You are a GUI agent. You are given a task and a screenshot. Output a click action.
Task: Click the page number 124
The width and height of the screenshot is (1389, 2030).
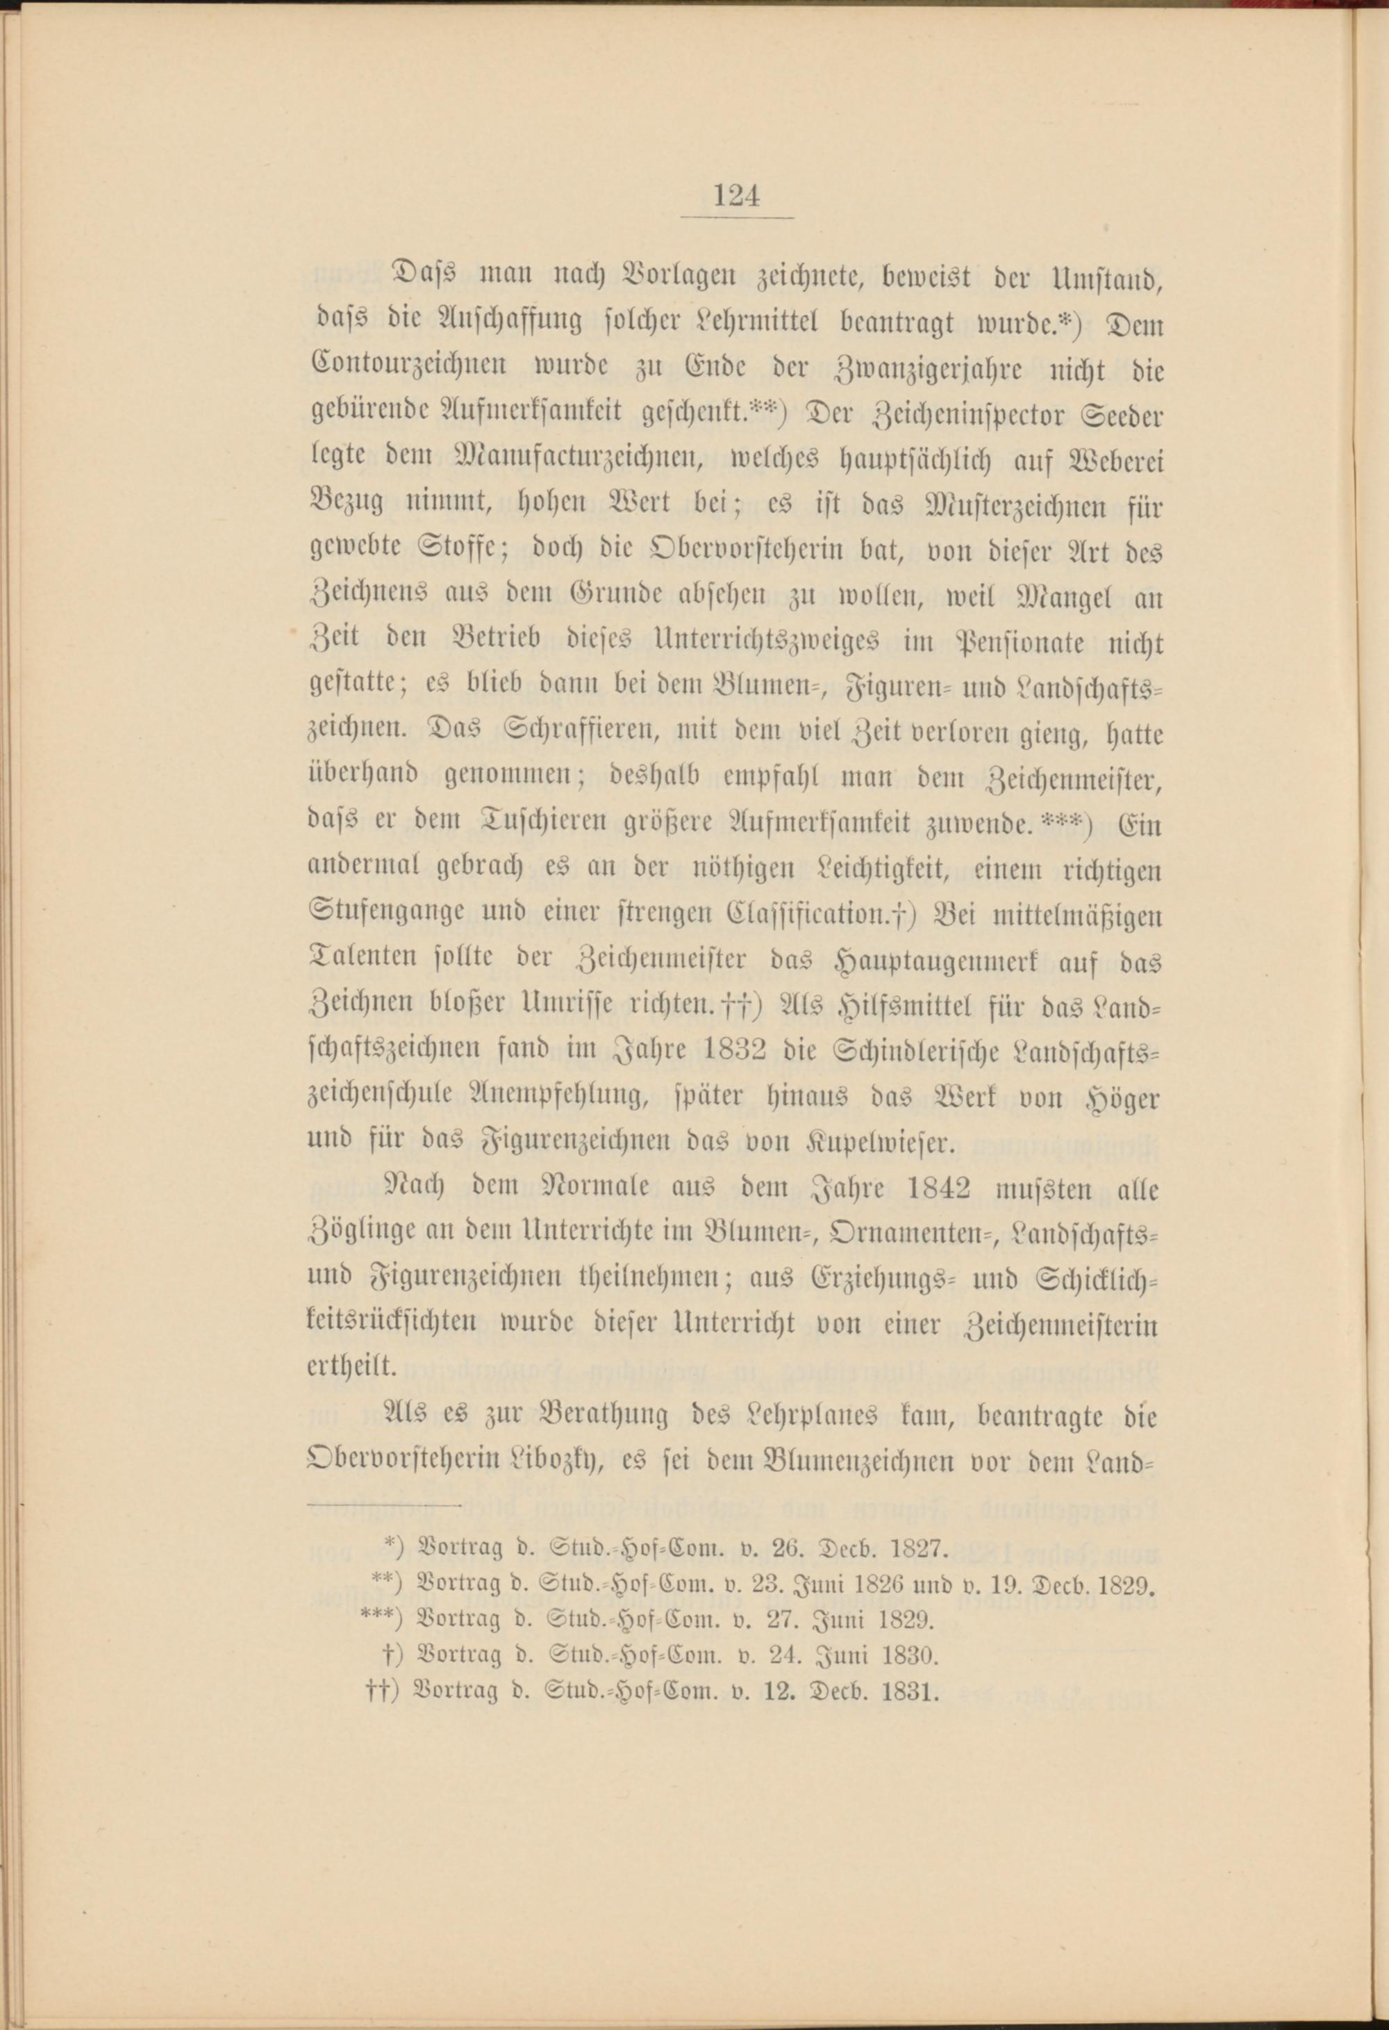[x=737, y=195]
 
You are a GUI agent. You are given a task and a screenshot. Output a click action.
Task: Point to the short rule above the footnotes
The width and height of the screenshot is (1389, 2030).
[x=385, y=1506]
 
